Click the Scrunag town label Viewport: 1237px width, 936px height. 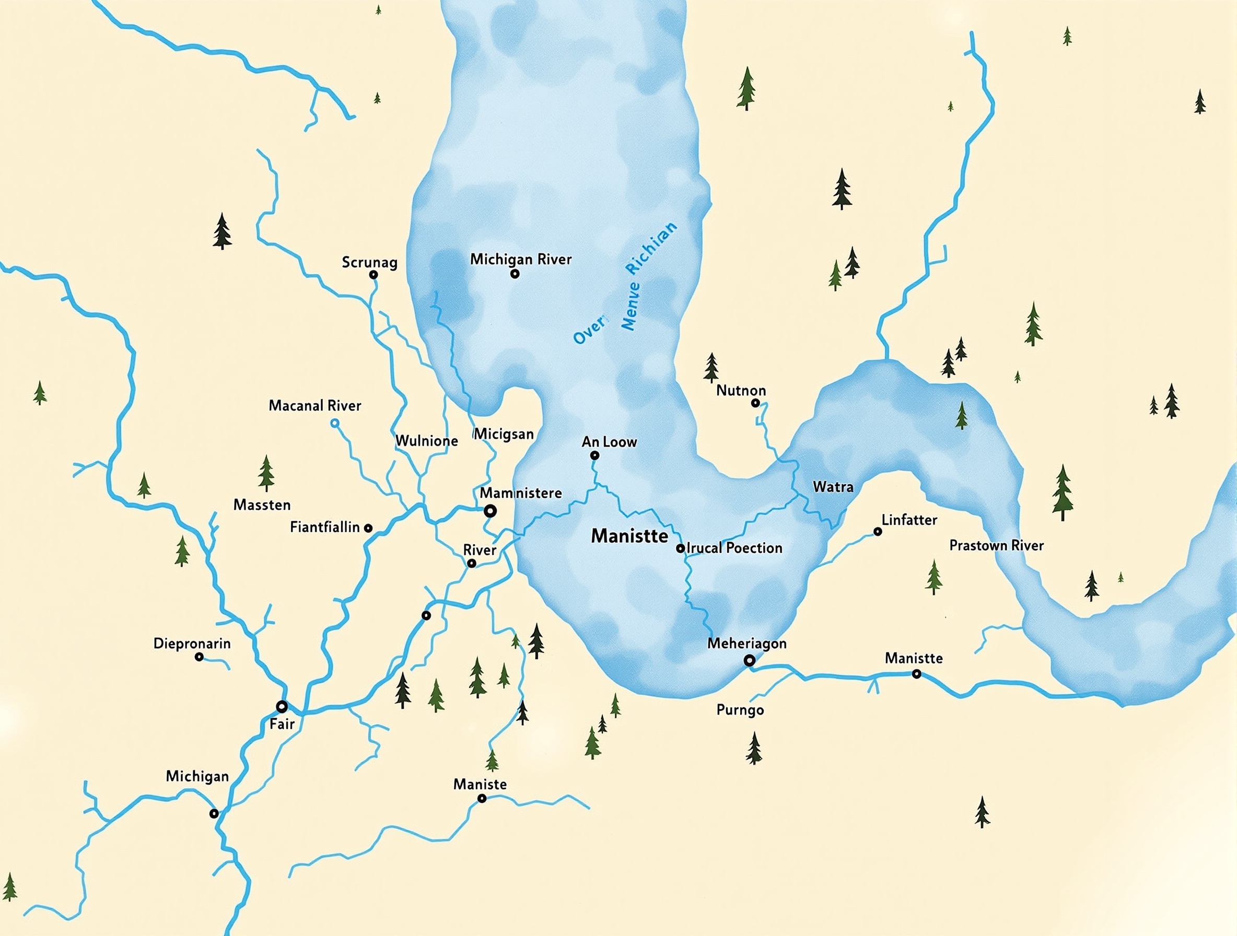click(x=370, y=262)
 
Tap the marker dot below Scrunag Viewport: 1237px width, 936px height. click(x=374, y=275)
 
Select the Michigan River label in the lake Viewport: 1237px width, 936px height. click(x=521, y=260)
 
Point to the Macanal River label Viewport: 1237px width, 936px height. click(x=315, y=406)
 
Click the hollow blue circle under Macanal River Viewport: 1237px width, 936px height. click(x=335, y=423)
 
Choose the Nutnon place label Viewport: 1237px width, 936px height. click(x=741, y=390)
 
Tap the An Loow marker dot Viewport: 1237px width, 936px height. click(x=595, y=455)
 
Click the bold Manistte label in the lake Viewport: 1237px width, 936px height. click(x=629, y=536)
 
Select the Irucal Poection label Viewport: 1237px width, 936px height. click(x=734, y=548)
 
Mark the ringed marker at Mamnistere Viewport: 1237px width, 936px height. click(x=491, y=510)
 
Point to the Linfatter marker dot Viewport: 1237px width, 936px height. click(x=878, y=532)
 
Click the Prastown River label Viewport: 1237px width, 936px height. click(x=997, y=546)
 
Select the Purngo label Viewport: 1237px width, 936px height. click(x=740, y=711)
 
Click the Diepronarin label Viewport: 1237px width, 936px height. click(x=192, y=643)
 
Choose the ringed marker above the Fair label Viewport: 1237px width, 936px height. click(x=282, y=706)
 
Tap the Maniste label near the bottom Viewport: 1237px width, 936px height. click(x=480, y=785)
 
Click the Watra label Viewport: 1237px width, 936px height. click(x=833, y=487)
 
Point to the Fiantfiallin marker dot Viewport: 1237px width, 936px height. click(x=368, y=528)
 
